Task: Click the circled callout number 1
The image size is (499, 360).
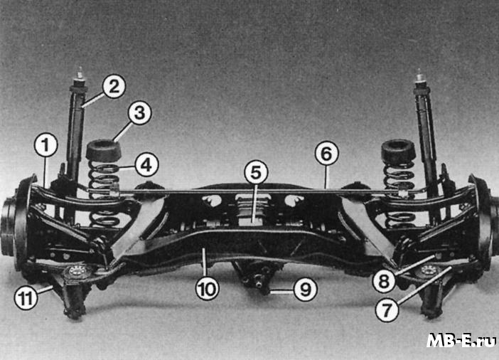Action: coord(45,145)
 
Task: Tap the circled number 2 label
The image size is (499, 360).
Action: coord(114,86)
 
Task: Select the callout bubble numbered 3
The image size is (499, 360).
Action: coord(140,113)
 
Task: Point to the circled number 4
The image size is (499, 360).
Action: coord(146,165)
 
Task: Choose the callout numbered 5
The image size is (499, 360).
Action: coord(256,172)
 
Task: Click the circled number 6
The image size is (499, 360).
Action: coord(326,153)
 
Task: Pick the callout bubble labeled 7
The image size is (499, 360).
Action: coord(387,310)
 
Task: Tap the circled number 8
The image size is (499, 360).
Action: coord(384,281)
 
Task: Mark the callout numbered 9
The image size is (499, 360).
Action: coord(305,290)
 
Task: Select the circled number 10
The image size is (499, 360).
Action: coord(207,289)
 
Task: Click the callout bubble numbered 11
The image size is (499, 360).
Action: coord(26,298)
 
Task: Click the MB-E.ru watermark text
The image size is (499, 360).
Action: coord(461,341)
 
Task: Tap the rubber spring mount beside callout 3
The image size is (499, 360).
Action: coord(104,150)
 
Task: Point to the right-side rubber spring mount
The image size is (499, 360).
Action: coord(398,151)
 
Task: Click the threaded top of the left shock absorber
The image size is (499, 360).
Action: coord(80,75)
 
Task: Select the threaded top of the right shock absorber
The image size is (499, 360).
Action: coord(420,76)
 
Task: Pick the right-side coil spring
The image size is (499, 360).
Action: coord(399,194)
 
